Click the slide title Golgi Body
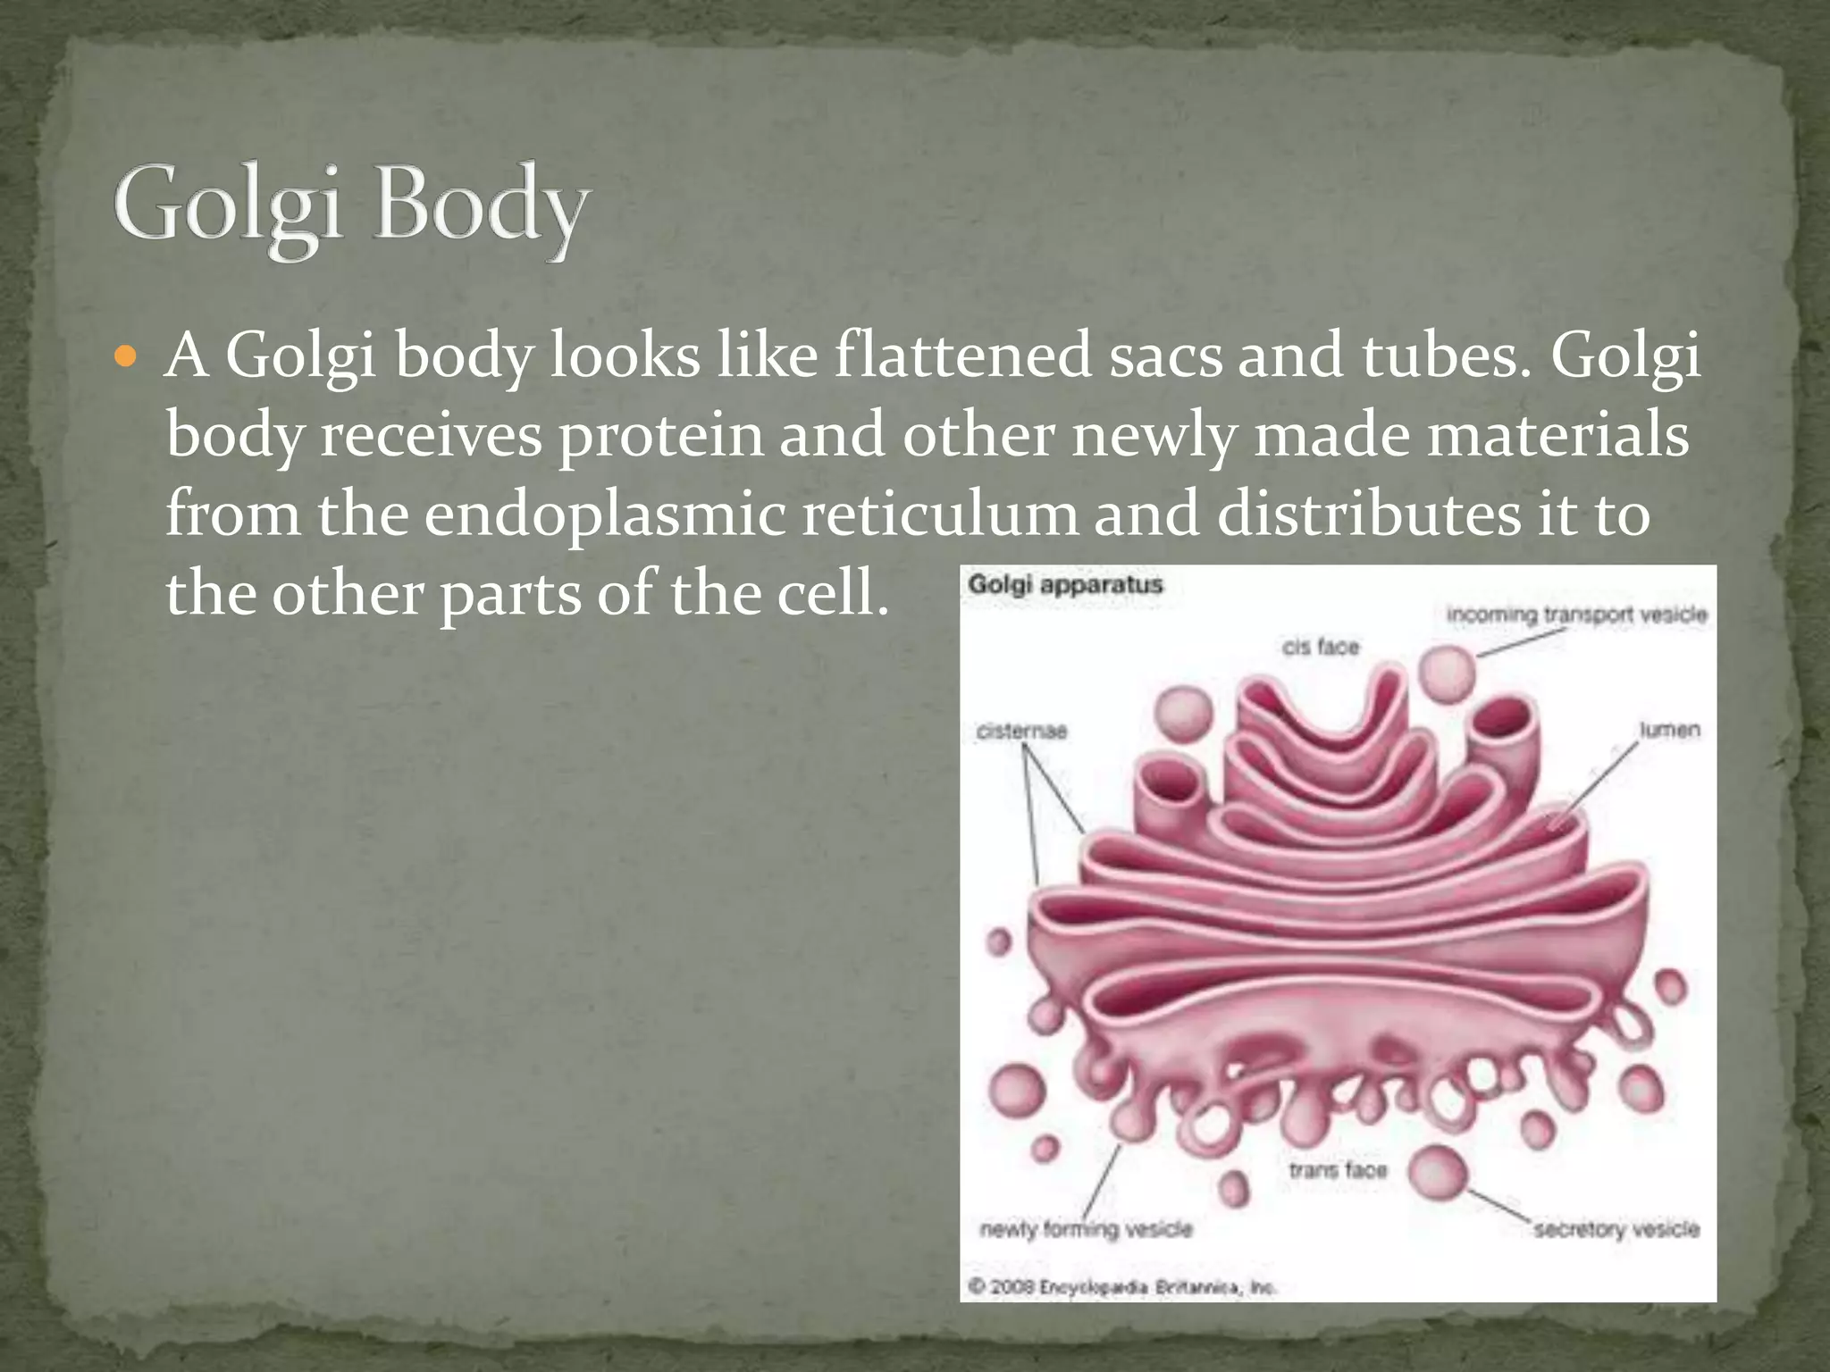[x=350, y=207]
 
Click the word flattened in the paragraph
[x=962, y=356]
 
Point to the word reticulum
[x=939, y=514]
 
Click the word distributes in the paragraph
[x=1368, y=514]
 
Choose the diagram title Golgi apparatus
[x=1065, y=585]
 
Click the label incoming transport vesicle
[x=1576, y=615]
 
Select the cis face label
[x=1321, y=647]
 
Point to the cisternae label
[x=1021, y=732]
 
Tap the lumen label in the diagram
[x=1669, y=730]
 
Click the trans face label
[x=1338, y=1170]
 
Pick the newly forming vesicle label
[x=1086, y=1230]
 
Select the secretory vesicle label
[x=1616, y=1230]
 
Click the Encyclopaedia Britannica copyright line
[x=1122, y=1287]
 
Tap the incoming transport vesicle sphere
[x=1448, y=673]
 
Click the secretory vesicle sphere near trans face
[x=1438, y=1172]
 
